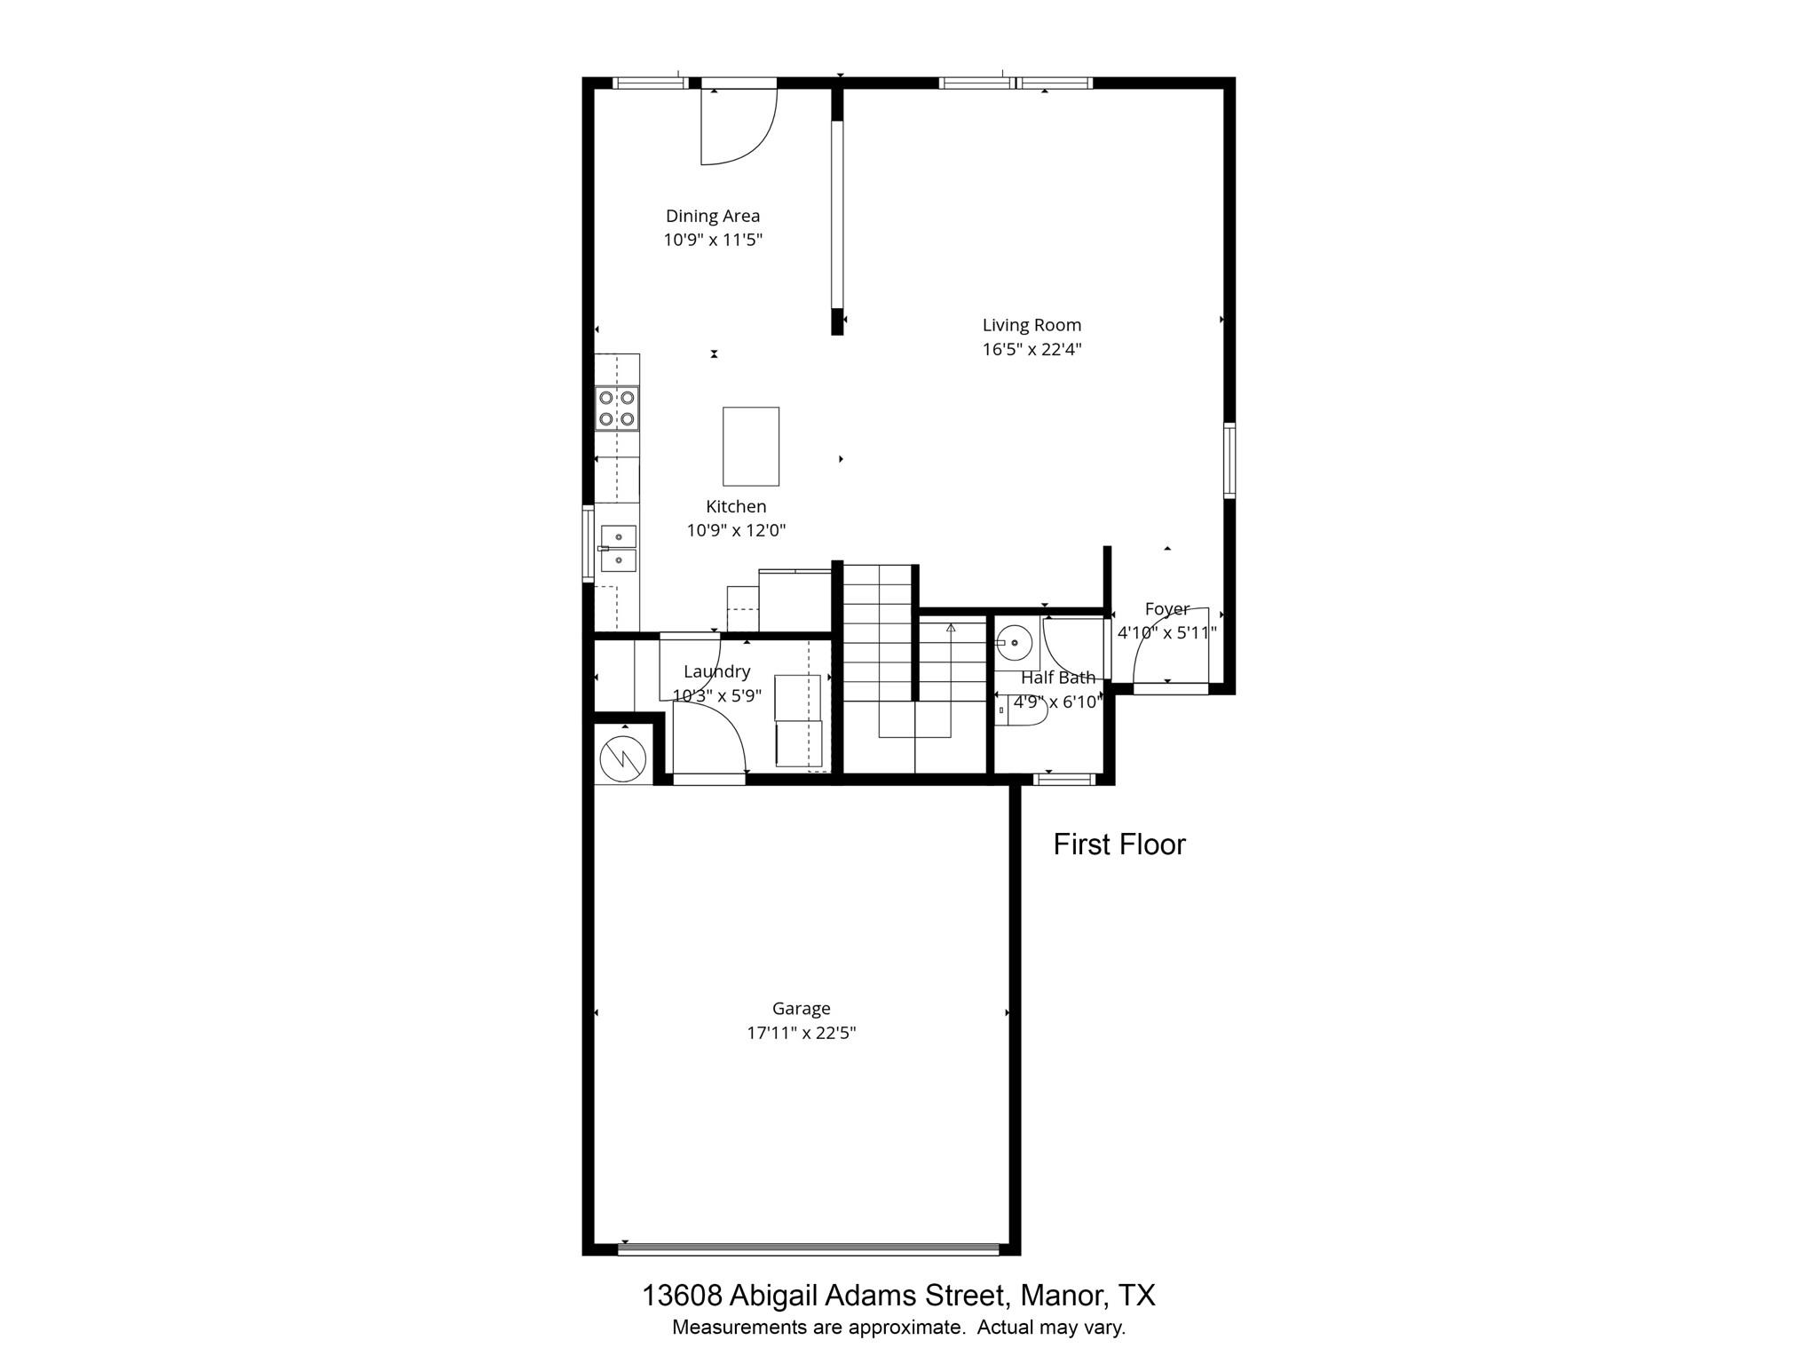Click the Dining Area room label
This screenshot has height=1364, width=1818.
click(x=713, y=216)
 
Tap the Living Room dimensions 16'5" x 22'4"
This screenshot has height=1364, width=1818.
click(x=1032, y=349)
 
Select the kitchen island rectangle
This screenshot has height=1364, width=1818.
click(x=751, y=447)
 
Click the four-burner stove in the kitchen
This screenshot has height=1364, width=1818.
click(x=617, y=408)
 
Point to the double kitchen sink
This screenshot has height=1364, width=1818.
click(x=619, y=548)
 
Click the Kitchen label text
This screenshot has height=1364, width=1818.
click(x=736, y=506)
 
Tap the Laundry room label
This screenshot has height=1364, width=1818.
click(x=717, y=671)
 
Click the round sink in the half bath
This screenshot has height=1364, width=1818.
click(x=1014, y=641)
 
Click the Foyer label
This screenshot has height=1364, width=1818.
click(x=1166, y=609)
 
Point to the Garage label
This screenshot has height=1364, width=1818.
click(x=802, y=1008)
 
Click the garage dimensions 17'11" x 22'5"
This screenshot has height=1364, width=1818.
click(x=802, y=1033)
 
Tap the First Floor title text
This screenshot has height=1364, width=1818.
click(x=1119, y=845)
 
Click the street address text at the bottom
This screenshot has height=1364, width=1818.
click(x=898, y=1296)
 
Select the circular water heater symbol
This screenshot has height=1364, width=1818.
click(x=624, y=757)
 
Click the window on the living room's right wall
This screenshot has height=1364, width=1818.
click(x=1229, y=461)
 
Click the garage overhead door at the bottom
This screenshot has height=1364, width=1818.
click(x=808, y=1249)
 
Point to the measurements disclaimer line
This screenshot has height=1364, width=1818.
click(x=898, y=1328)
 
